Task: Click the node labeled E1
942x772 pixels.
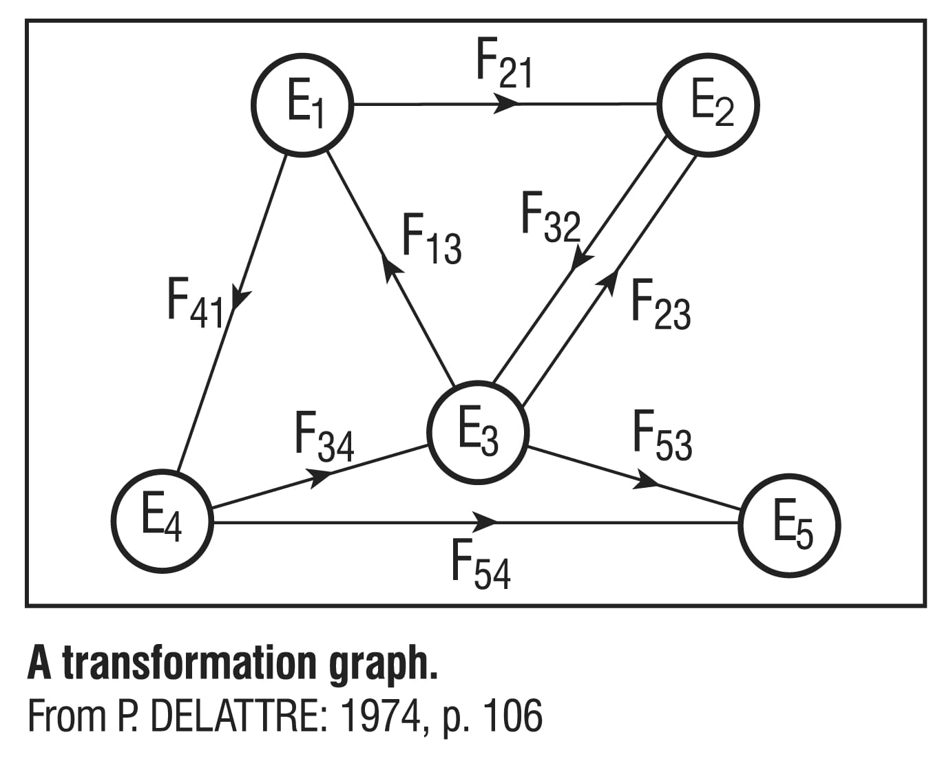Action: tap(303, 105)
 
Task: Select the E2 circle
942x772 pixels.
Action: tap(709, 105)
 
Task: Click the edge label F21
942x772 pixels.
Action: tap(504, 64)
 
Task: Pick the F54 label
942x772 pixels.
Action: tap(481, 563)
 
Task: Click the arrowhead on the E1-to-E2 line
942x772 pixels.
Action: tap(507, 105)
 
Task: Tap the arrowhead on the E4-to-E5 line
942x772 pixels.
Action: tap(486, 522)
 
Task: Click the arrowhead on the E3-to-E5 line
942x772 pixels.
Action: tap(646, 481)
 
